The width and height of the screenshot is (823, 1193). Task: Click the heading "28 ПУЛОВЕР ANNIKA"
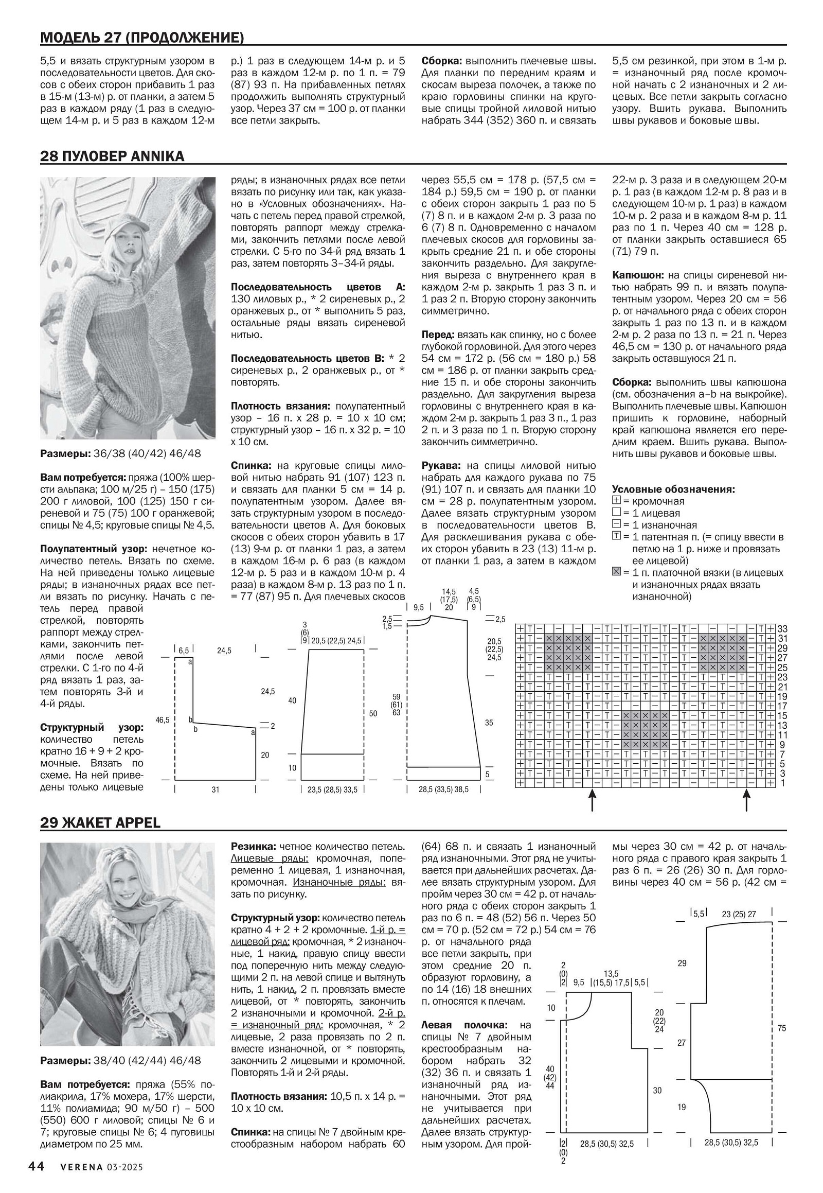(112, 156)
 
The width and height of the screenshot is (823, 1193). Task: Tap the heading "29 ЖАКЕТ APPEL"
(100, 822)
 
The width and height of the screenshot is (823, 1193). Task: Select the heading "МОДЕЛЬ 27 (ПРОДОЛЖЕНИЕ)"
(142, 38)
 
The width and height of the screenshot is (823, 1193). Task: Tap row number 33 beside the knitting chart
(782, 629)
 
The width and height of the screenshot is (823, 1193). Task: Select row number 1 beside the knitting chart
(782, 783)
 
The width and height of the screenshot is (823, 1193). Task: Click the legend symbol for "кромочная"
(616, 501)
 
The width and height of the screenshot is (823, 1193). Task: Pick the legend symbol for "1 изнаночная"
(616, 524)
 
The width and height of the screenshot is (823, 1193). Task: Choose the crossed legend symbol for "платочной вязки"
(616, 572)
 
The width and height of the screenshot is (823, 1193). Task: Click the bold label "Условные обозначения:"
(673, 488)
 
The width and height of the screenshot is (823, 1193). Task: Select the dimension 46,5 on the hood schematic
(163, 720)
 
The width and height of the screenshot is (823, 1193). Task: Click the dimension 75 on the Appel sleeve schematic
(781, 1028)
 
